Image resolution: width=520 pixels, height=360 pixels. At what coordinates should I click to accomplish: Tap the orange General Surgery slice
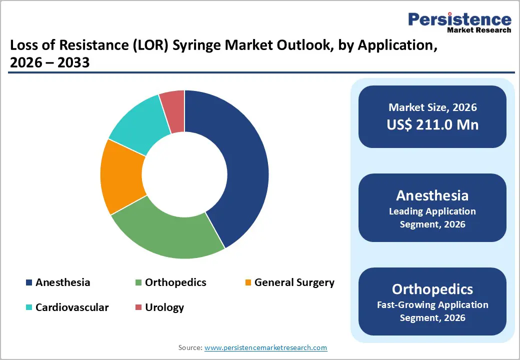click(x=122, y=177)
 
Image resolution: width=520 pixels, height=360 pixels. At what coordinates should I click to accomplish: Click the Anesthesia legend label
click(x=62, y=282)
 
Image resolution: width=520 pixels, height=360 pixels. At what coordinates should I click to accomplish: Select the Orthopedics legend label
click(x=175, y=282)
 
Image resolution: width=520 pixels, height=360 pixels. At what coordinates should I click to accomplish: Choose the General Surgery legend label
click(x=294, y=282)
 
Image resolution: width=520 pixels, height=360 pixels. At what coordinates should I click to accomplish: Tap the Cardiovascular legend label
click(x=71, y=307)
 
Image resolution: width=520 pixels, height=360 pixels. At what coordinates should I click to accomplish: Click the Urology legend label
click(x=164, y=307)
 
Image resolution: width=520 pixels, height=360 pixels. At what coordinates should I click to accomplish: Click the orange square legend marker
click(x=248, y=283)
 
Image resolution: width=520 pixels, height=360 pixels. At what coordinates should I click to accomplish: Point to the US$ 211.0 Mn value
click(x=432, y=124)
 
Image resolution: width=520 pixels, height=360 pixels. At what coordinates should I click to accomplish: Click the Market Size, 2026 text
click(x=432, y=107)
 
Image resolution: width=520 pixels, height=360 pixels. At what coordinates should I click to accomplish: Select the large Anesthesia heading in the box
click(x=432, y=195)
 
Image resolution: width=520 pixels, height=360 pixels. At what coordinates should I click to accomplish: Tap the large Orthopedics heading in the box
click(x=432, y=289)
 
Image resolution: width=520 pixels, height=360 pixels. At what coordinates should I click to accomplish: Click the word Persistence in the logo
click(x=459, y=19)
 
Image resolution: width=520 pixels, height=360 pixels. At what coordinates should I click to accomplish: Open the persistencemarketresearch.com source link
click(x=265, y=347)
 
